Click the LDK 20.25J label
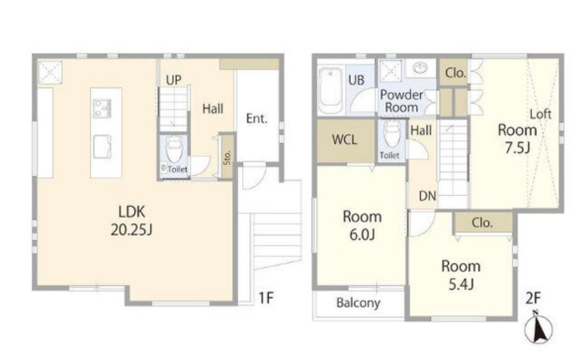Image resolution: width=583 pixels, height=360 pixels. click(131, 221)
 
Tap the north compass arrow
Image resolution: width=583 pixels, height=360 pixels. click(538, 327)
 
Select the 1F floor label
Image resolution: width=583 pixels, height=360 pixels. click(266, 298)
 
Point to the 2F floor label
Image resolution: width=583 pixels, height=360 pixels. click(533, 298)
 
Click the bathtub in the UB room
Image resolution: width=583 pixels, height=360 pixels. click(331, 90)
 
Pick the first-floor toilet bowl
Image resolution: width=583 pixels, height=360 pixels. click(174, 149)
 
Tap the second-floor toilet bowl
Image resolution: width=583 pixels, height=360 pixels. click(392, 134)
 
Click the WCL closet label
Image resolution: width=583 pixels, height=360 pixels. click(344, 139)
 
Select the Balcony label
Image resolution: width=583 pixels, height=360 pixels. click(358, 303)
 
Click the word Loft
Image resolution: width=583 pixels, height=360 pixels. click(540, 114)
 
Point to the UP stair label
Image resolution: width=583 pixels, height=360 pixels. click(174, 80)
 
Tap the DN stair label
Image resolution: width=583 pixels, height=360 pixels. click(427, 196)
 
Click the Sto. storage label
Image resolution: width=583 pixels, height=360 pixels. click(227, 158)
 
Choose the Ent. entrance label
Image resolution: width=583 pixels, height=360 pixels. click(257, 118)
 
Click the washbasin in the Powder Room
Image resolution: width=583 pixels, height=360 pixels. click(421, 68)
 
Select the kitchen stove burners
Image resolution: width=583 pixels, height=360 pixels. click(102, 108)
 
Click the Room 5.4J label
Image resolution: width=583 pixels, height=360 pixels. click(461, 275)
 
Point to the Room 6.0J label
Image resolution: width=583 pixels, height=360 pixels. click(363, 225)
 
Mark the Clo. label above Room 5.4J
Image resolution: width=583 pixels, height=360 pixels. click(482, 222)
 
